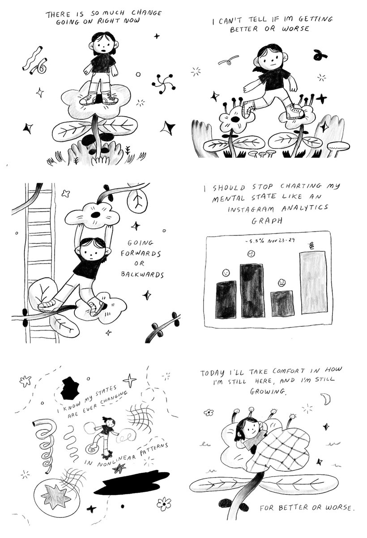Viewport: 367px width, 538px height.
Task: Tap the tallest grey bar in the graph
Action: pyautogui.click(x=313, y=286)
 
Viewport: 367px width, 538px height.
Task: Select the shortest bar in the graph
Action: pyautogui.click(x=282, y=304)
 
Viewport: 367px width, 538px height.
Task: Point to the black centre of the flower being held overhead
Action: pyautogui.click(x=94, y=216)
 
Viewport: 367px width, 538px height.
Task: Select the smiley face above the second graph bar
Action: pyautogui.click(x=252, y=254)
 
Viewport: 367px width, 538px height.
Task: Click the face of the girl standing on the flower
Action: pyautogui.click(x=103, y=45)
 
